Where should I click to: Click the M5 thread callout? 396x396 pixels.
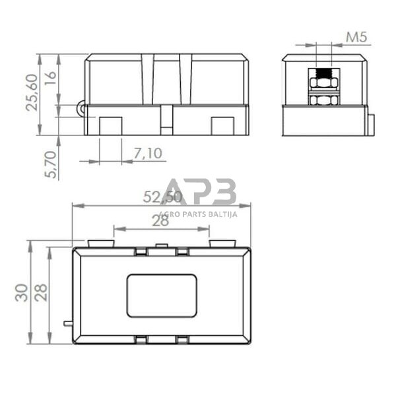pos(356,38)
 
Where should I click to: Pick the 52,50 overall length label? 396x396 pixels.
pos(162,197)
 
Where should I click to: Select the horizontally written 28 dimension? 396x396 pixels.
pos(160,221)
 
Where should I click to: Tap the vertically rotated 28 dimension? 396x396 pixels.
pos(42,292)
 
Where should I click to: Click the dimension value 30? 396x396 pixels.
pos(21,292)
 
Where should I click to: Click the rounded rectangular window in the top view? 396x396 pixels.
pos(162,296)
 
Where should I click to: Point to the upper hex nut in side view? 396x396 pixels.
pos(323,82)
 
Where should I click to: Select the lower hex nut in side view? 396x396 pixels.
pos(323,100)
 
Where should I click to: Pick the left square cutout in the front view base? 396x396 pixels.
pos(110,125)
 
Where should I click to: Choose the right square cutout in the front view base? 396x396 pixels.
pos(222,125)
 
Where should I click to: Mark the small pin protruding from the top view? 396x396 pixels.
pos(67,323)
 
